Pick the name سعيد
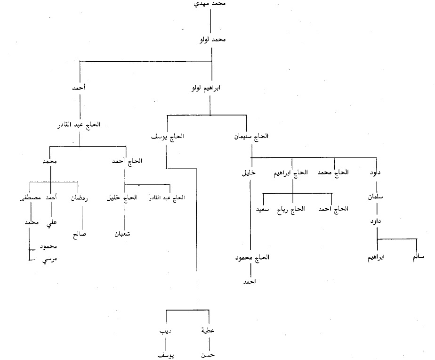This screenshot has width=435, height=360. [262, 208]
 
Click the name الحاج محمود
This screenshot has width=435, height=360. [252, 258]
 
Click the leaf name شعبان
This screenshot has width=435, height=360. [123, 233]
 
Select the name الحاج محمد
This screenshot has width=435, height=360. [333, 172]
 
